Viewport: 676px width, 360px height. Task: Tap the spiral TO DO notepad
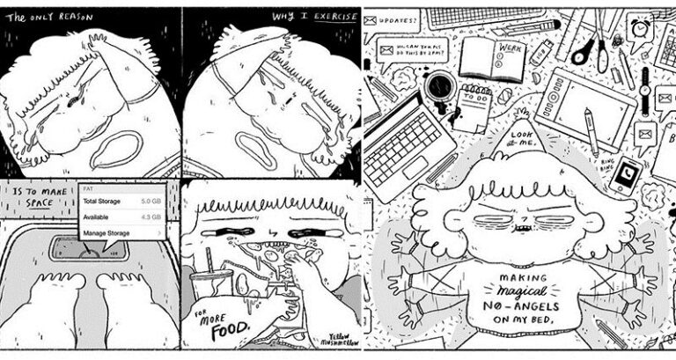click(x=476, y=107)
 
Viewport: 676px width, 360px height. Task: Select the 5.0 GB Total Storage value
click(x=148, y=201)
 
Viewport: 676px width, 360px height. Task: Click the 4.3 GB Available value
click(x=148, y=217)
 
